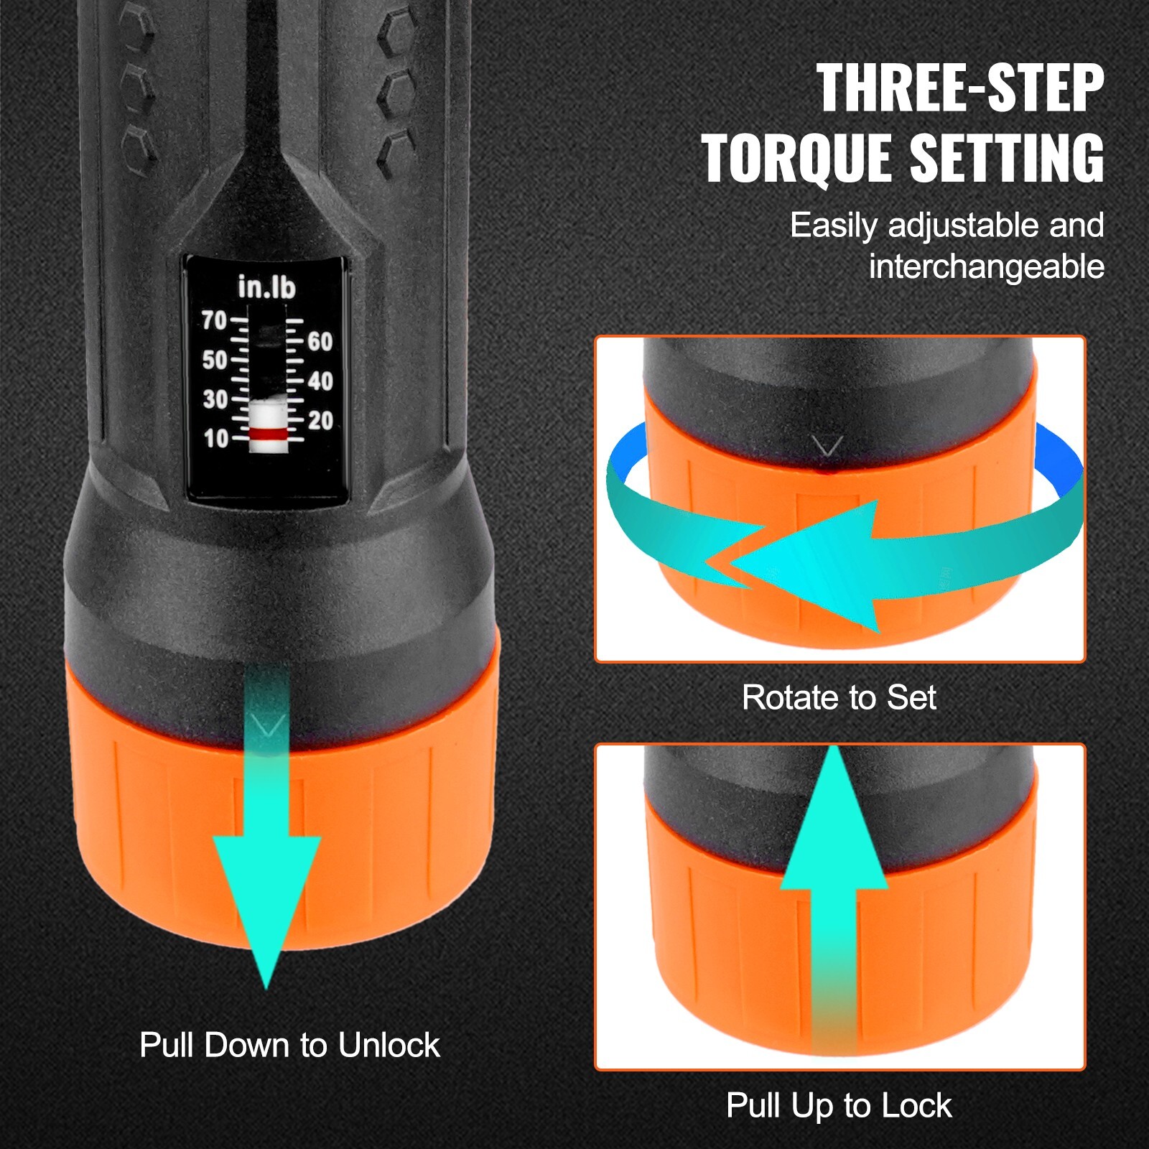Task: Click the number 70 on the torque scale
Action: [x=214, y=320]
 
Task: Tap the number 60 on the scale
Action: [x=320, y=342]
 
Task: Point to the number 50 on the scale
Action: [x=214, y=360]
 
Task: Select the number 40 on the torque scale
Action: [x=320, y=381]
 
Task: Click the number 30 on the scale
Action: [x=215, y=399]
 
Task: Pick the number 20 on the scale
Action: [x=320, y=421]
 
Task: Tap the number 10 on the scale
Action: [x=215, y=439]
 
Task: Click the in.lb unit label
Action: [x=266, y=287]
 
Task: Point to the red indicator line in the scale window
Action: [x=268, y=434]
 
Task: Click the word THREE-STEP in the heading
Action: [x=959, y=89]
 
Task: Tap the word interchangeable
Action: [x=986, y=267]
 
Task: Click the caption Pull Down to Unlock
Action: [x=289, y=1045]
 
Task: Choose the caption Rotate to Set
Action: [x=839, y=697]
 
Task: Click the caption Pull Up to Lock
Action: [x=839, y=1105]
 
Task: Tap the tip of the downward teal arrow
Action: [x=266, y=987]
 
